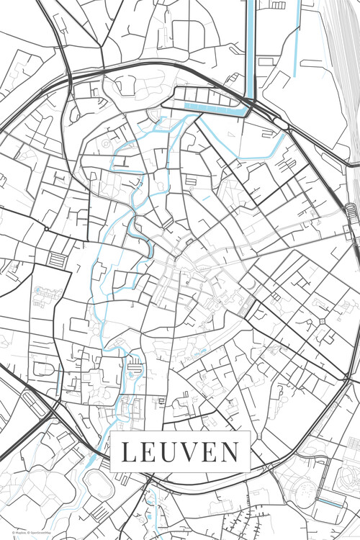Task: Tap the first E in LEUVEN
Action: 147,452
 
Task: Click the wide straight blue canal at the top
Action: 251,43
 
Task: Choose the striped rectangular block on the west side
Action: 56,258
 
